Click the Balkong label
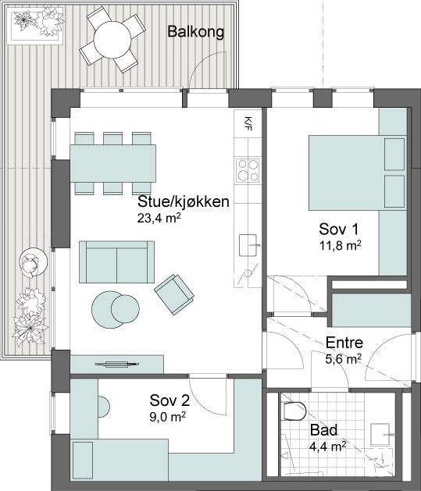[196, 32]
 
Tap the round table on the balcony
[112, 40]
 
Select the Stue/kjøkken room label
[184, 201]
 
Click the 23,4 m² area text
[159, 219]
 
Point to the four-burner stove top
[248, 170]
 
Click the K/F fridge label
[248, 123]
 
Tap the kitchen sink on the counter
[248, 245]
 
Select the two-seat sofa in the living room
[116, 262]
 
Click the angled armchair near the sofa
[174, 294]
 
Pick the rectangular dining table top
[113, 163]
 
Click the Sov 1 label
[339, 229]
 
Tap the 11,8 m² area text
[341, 245]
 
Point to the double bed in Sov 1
[358, 173]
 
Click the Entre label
[344, 343]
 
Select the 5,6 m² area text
[344, 359]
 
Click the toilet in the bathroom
[294, 411]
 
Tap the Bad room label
[323, 430]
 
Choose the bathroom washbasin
[380, 434]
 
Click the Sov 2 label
[169, 400]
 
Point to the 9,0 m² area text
[168, 417]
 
